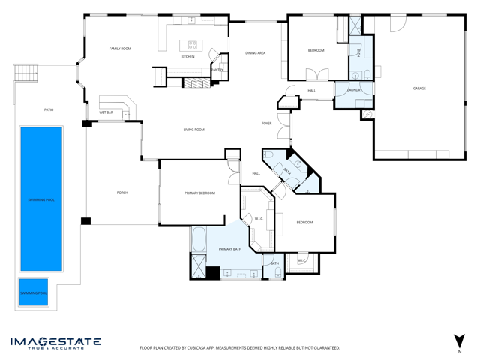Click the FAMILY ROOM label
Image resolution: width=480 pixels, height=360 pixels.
(120, 49)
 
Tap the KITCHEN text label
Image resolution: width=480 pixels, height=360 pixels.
(187, 57)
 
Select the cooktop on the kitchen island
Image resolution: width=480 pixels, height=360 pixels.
(193, 45)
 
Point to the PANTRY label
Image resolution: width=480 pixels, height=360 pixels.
(217, 70)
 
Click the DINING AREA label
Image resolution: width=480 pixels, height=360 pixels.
(255, 53)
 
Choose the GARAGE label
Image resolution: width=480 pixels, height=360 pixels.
(419, 88)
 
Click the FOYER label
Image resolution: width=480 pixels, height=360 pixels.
(266, 123)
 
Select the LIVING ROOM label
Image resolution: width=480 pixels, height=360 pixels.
(194, 130)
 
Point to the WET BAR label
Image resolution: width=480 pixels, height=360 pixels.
(106, 112)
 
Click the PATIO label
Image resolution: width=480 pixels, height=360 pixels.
(49, 110)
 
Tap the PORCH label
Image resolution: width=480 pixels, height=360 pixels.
(122, 193)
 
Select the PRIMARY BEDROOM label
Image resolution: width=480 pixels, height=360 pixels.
(199, 193)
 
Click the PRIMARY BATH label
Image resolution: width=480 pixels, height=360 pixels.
(229, 248)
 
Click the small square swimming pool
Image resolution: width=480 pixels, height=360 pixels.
(34, 292)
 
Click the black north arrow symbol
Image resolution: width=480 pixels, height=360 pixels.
(459, 340)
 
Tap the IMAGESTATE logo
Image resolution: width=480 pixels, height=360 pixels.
(55, 343)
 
